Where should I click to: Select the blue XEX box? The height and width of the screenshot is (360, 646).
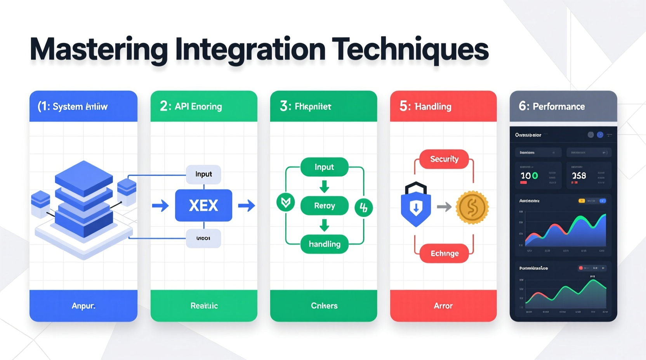[x=203, y=205]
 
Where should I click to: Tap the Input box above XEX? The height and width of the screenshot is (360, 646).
[x=203, y=174]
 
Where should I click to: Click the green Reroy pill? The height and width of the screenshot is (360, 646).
[x=325, y=206]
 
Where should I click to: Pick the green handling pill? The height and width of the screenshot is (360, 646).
[x=325, y=244]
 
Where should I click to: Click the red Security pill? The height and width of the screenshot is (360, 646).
[x=444, y=159]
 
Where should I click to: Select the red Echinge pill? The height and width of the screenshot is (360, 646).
[x=445, y=253]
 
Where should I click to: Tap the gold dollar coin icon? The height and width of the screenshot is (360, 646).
[x=472, y=208]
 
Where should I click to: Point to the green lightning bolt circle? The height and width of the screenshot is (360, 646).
[x=364, y=208]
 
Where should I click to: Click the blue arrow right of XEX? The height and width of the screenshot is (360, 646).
[x=246, y=205]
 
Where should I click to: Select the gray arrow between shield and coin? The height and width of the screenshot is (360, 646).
[x=444, y=207]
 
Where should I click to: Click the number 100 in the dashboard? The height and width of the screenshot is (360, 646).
[x=529, y=176]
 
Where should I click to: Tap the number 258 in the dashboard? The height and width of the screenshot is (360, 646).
[x=578, y=176]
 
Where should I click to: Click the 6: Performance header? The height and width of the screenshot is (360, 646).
[x=552, y=106]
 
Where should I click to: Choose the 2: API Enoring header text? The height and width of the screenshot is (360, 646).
[x=191, y=106]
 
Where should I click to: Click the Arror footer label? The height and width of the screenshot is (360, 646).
[x=443, y=306]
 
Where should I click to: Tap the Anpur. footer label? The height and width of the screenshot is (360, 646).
[x=83, y=306]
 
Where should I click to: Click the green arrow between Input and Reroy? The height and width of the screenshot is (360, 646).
[x=324, y=187]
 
